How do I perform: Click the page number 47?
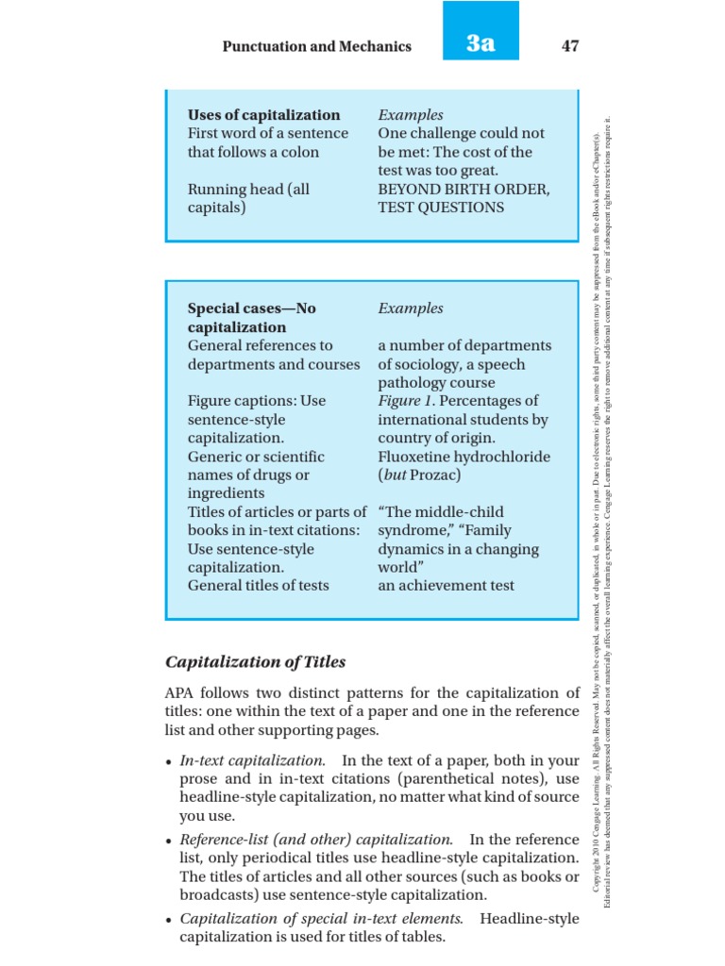coord(569,45)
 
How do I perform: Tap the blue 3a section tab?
coord(481,43)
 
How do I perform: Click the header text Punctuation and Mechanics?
coord(316,46)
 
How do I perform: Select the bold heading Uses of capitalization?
coord(263,115)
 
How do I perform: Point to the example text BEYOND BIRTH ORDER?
coord(464,189)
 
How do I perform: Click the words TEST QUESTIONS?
coord(441,208)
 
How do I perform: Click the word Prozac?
coord(435,475)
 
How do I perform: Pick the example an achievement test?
coord(446,586)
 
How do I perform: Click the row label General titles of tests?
coord(258,586)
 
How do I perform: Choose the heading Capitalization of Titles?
coord(255,661)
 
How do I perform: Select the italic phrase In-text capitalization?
coord(252,760)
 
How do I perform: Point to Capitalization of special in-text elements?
coord(321,918)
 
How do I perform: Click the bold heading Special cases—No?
coord(252,308)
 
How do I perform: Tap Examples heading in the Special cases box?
coord(410,308)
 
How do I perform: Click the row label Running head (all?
coord(248,189)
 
